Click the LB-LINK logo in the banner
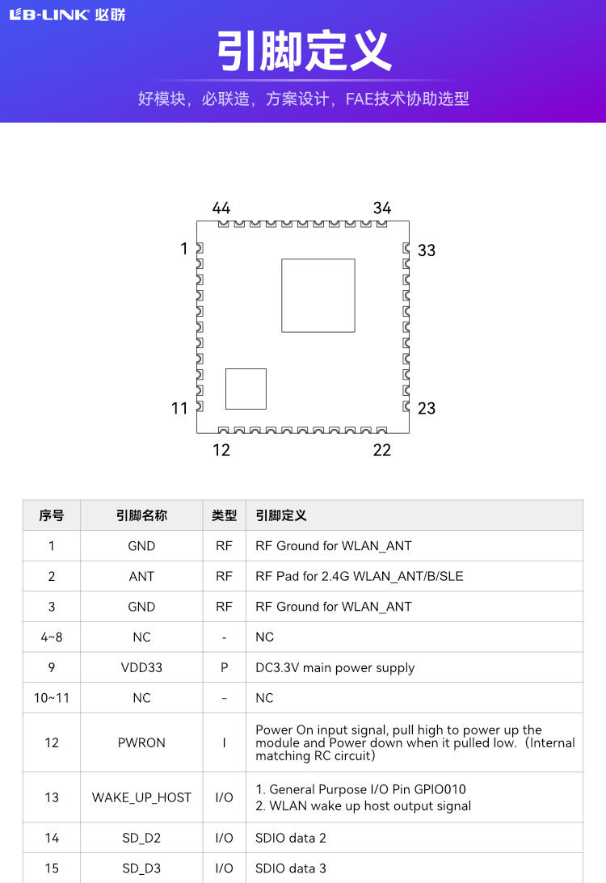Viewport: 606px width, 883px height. click(67, 15)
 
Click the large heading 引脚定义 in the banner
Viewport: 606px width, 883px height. click(303, 52)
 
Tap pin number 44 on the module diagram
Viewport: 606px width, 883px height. click(221, 208)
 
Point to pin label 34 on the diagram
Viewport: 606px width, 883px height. click(382, 208)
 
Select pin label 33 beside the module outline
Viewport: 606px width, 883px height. click(427, 250)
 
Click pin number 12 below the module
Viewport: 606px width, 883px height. click(221, 450)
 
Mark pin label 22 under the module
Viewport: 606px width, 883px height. click(382, 450)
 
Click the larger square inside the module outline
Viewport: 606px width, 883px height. click(318, 295)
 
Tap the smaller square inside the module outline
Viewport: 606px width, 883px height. click(246, 389)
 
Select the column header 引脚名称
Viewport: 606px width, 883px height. click(141, 515)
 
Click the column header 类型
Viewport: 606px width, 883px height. click(224, 515)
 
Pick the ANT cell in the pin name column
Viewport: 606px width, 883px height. click(141, 576)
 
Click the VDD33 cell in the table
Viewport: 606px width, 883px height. click(141, 667)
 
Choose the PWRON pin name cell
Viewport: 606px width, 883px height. click(141, 742)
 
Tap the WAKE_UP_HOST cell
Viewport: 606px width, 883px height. click(141, 797)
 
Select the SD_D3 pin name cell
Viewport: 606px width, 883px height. click(141, 868)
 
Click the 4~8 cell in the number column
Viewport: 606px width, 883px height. click(52, 637)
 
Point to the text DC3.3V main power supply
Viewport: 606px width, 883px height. click(335, 667)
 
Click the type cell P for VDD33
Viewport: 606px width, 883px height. click(224, 667)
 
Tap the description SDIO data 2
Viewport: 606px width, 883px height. click(291, 838)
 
